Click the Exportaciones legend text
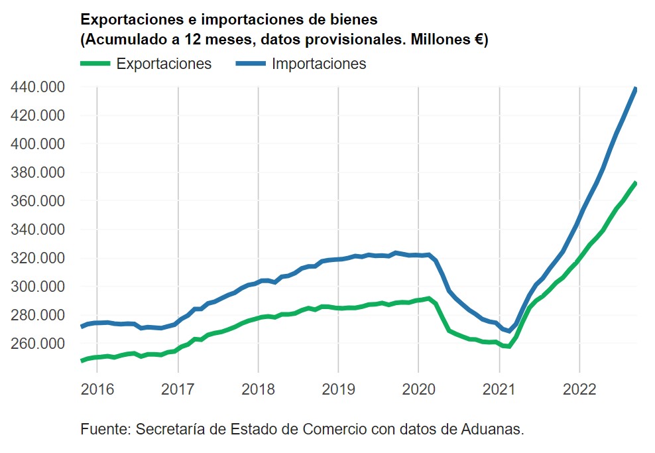coord(164,64)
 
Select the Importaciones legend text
coord(319,64)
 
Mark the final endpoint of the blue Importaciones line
coord(636,89)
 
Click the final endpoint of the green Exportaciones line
coord(636,183)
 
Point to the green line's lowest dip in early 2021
coord(508,346)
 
